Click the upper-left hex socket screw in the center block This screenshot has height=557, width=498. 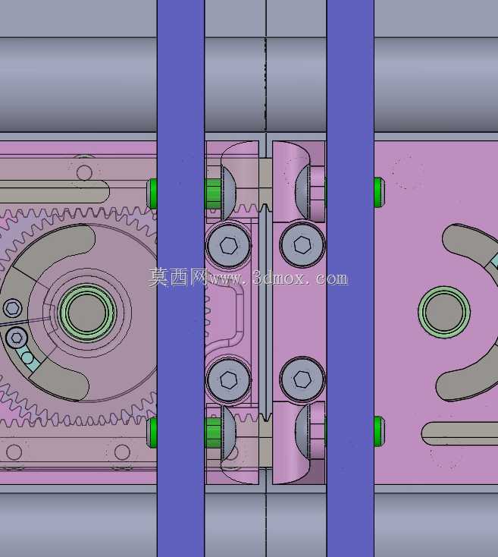(228, 245)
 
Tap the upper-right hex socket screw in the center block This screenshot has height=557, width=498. (302, 244)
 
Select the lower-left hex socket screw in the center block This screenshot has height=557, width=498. (228, 379)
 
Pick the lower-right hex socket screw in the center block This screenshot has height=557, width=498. (302, 379)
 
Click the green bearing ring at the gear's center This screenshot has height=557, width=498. (87, 313)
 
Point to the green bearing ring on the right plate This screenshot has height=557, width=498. (444, 312)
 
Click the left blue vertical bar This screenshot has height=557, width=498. (180, 278)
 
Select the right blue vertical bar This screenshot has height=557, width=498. (350, 278)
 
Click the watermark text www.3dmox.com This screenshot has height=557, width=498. (278, 278)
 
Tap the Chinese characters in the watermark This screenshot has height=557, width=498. (178, 277)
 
